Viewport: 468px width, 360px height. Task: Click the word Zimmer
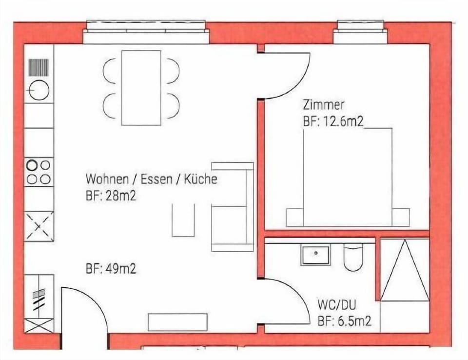click(323, 105)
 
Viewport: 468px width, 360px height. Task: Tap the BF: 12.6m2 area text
click(333, 121)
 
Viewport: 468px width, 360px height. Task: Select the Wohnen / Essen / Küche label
click(151, 179)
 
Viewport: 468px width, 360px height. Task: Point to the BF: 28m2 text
click(111, 196)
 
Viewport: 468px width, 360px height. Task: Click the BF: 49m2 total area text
click(111, 269)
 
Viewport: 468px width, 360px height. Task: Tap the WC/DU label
click(337, 305)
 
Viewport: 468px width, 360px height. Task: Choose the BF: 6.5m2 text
click(345, 321)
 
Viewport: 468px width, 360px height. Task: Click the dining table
click(141, 88)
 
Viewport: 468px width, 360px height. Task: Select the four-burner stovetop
click(39, 172)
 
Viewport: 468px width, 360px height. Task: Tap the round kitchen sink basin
click(39, 90)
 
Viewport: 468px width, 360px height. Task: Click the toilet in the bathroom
click(353, 257)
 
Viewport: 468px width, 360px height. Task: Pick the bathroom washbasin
click(315, 255)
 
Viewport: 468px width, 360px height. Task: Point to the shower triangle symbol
click(405, 270)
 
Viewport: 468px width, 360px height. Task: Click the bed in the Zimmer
click(348, 177)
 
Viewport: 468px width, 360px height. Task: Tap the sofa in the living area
click(233, 206)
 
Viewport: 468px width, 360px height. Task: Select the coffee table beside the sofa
click(183, 220)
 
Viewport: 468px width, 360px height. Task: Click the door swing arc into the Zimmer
click(299, 87)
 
